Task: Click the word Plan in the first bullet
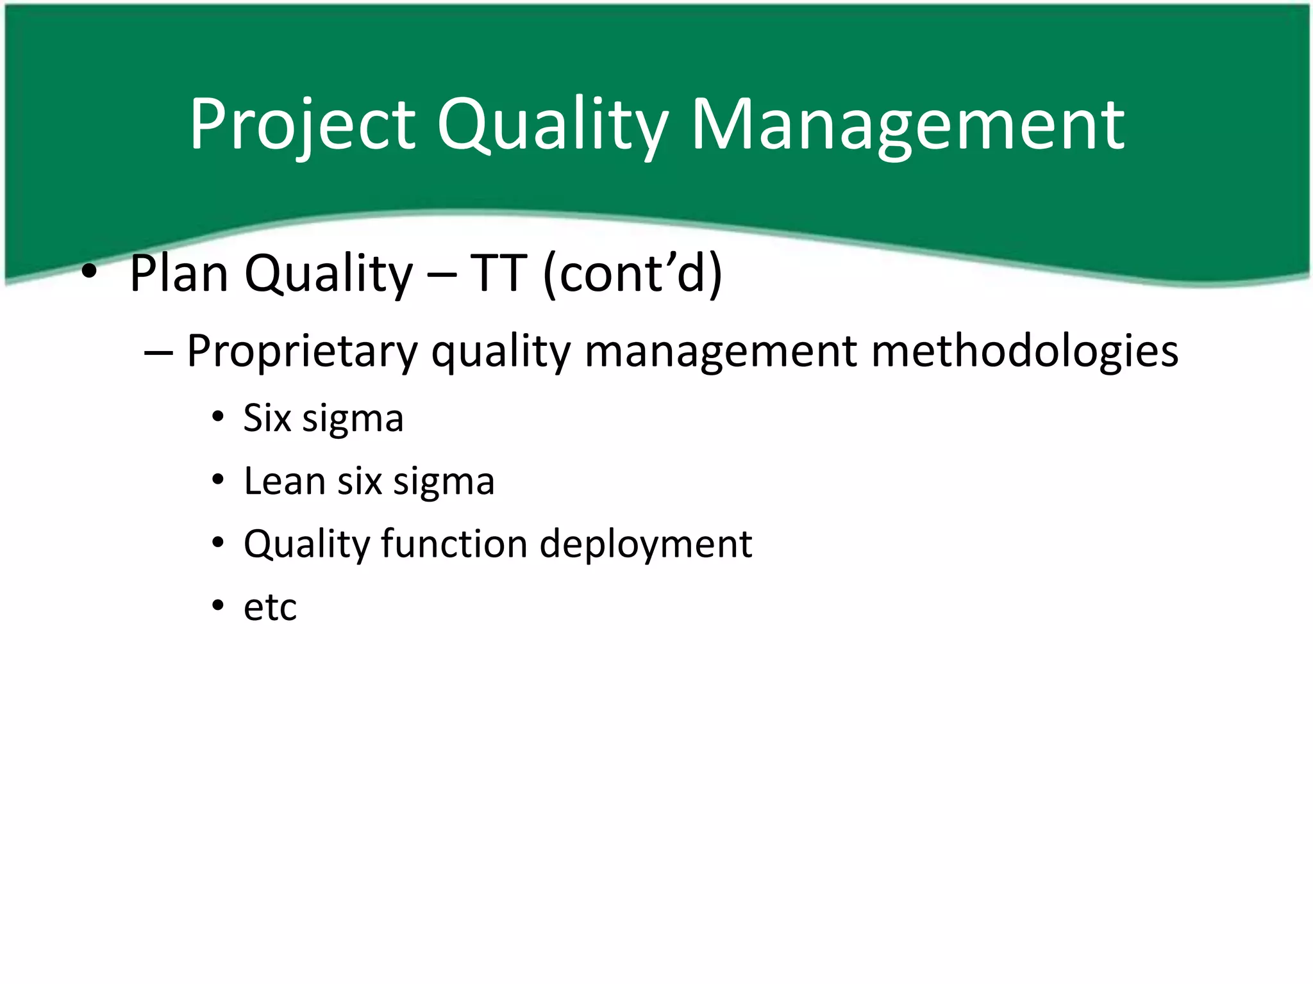click(x=179, y=274)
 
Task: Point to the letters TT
click(x=498, y=274)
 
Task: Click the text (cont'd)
click(x=632, y=274)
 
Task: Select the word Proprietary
click(x=302, y=352)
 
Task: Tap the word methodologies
click(x=1024, y=352)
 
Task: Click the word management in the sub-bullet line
click(x=721, y=352)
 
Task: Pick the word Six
click(x=267, y=418)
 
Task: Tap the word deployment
click(x=646, y=544)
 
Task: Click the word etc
click(x=270, y=607)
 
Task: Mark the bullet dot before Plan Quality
click(x=90, y=274)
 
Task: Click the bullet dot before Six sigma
click(x=218, y=418)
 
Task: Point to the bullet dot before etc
click(x=218, y=605)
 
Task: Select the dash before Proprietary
click(x=158, y=352)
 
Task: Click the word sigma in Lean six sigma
click(x=444, y=481)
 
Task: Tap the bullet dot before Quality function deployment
click(x=218, y=543)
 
